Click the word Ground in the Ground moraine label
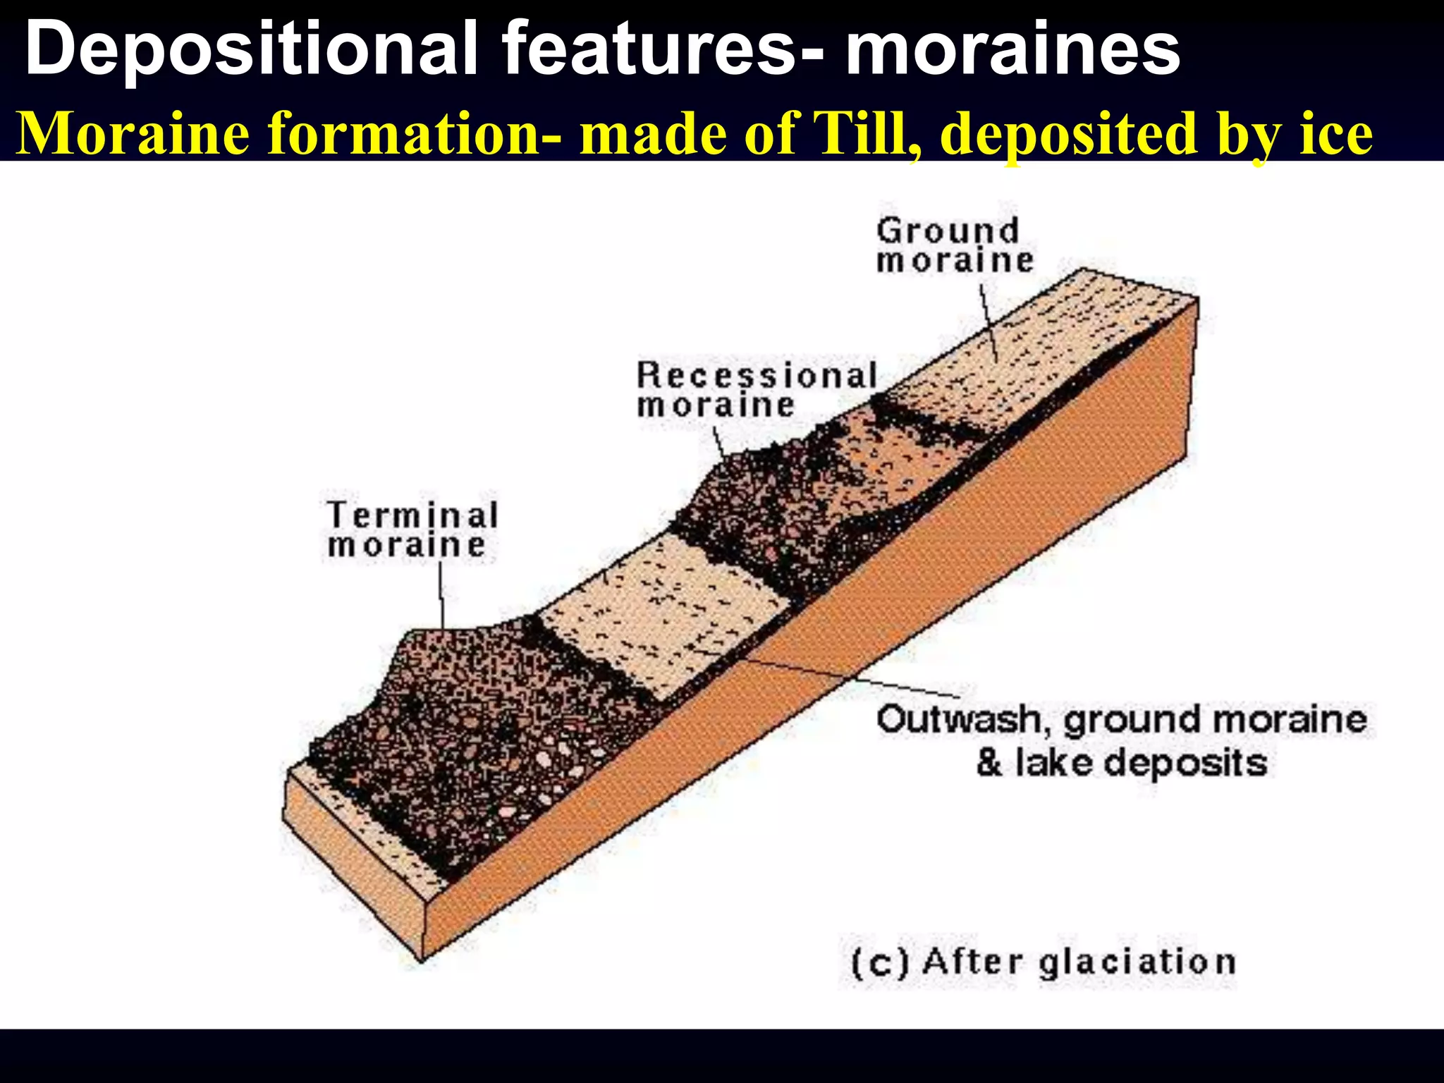(948, 231)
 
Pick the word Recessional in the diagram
(757, 375)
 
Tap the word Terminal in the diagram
(412, 515)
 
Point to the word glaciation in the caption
(1137, 962)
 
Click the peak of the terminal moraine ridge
(423, 631)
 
